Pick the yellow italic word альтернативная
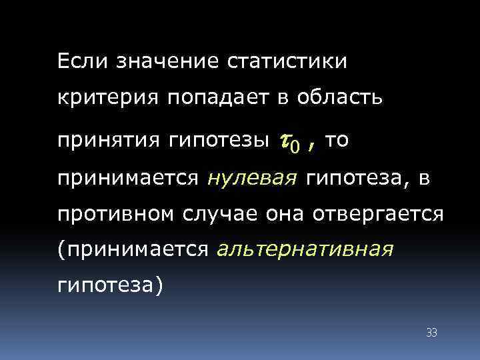coord(305,250)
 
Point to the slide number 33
coord(431,332)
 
